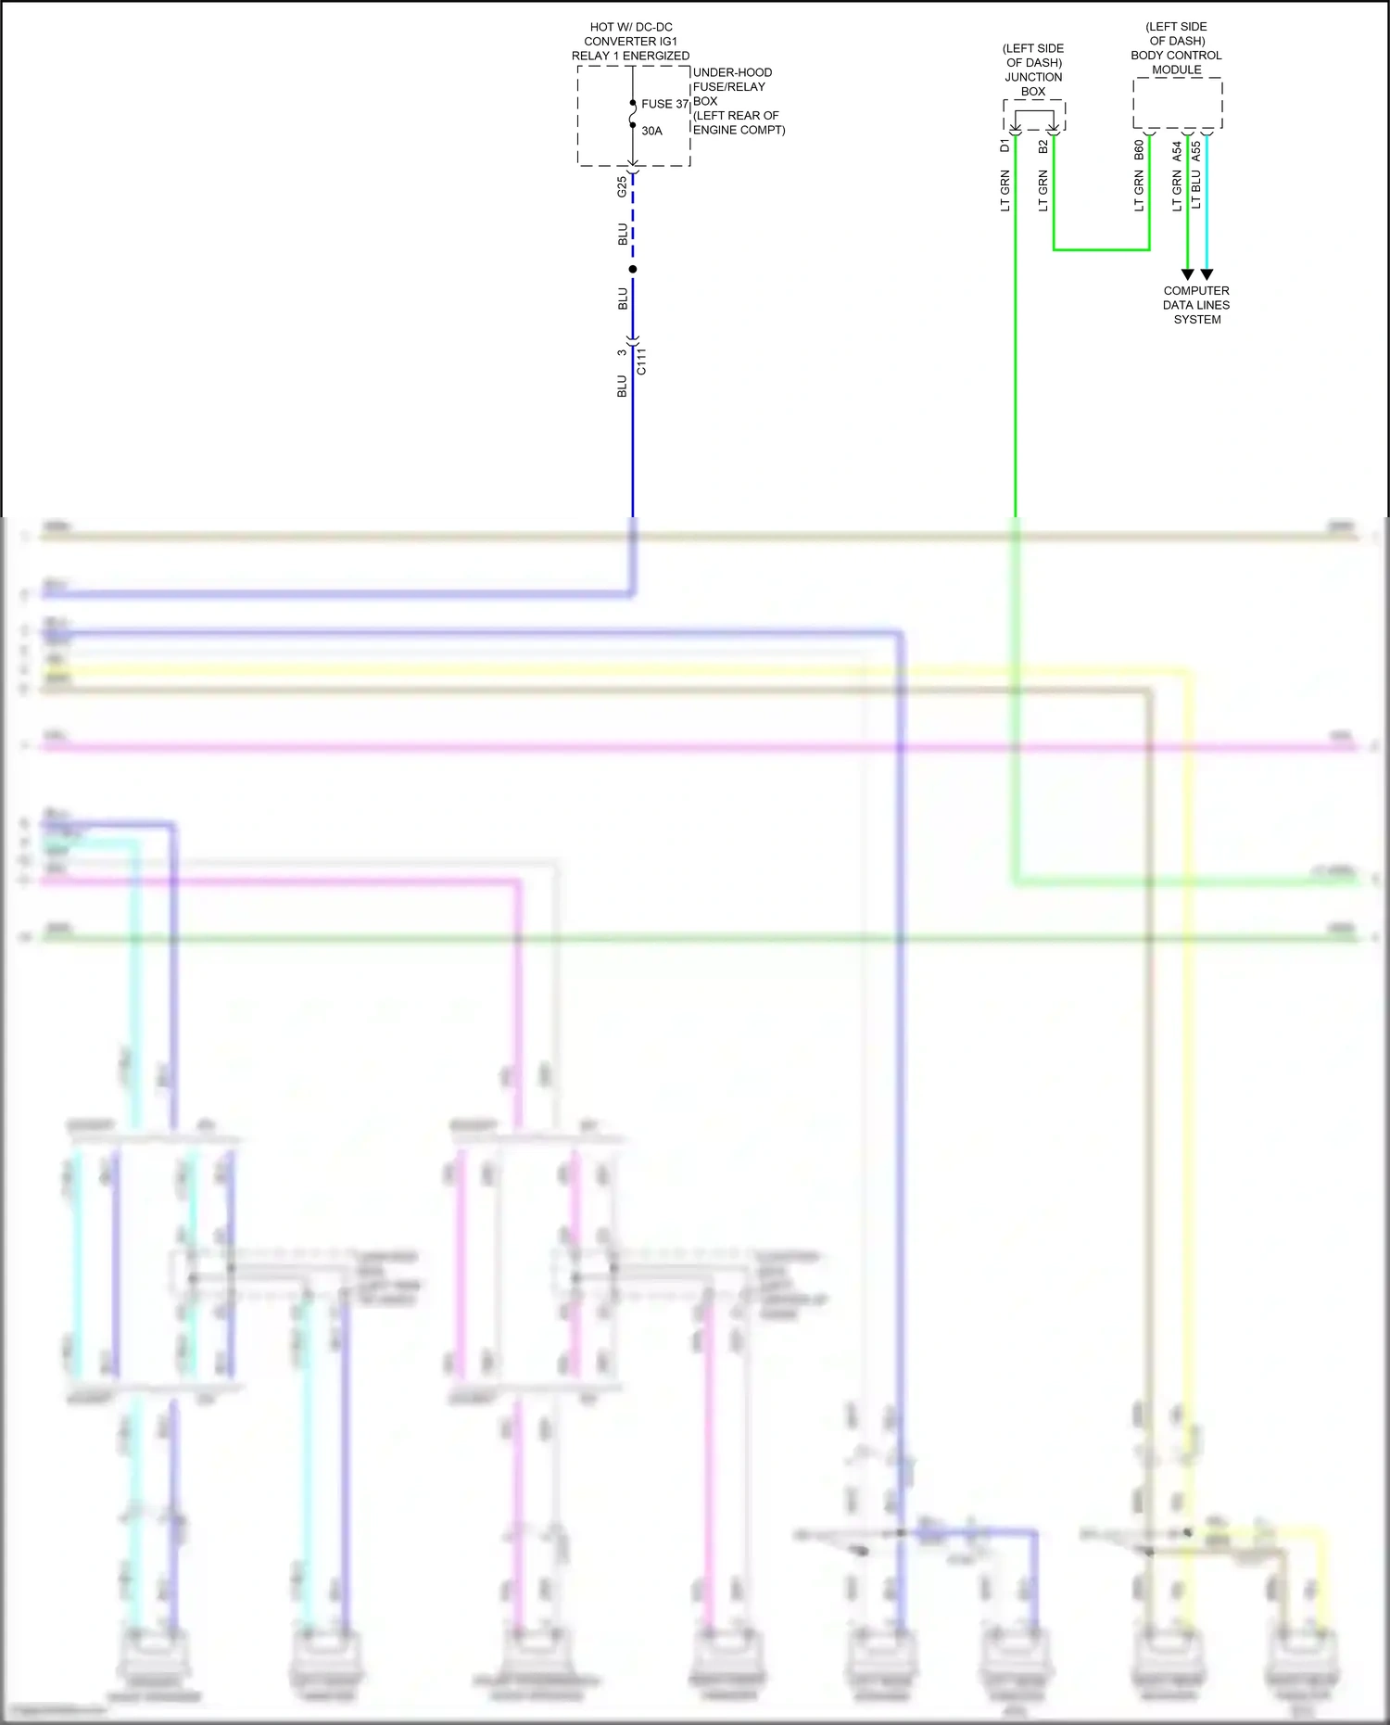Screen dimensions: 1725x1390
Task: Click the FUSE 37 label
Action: click(664, 104)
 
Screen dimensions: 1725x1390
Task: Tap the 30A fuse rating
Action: click(651, 131)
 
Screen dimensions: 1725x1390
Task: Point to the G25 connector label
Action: click(622, 187)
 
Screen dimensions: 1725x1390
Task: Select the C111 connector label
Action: click(641, 361)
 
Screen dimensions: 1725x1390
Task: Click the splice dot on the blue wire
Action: click(633, 269)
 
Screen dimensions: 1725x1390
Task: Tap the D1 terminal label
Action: click(1005, 146)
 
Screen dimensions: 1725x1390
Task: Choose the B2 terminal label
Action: click(1042, 146)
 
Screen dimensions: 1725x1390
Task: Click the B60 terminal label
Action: click(1139, 150)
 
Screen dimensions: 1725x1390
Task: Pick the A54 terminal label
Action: click(1177, 150)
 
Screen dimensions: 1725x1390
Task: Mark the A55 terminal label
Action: click(1196, 150)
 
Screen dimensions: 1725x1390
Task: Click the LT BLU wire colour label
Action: click(1196, 189)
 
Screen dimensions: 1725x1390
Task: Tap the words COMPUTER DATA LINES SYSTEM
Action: click(1196, 305)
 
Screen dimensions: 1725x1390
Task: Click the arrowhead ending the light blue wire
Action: click(1207, 274)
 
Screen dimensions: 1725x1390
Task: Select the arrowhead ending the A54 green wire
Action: click(1187, 274)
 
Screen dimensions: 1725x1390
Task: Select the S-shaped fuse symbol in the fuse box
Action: click(633, 114)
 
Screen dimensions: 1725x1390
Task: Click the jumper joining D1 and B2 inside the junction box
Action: click(1034, 113)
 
